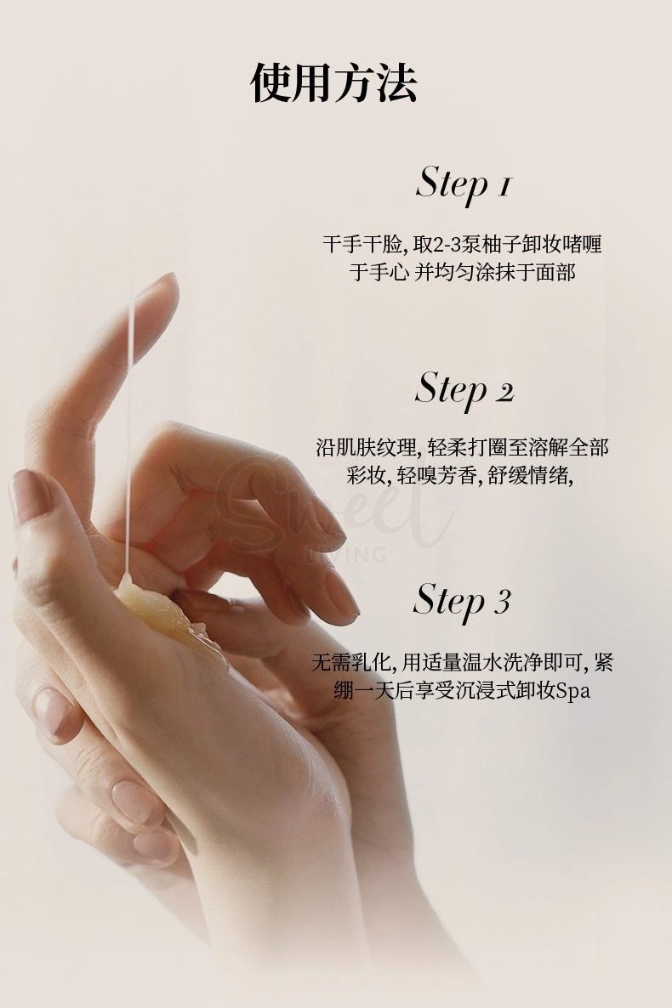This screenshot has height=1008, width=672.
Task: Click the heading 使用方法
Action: [334, 83]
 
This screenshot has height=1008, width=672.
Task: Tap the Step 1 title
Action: [464, 184]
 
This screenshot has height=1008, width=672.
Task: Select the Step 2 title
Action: [464, 389]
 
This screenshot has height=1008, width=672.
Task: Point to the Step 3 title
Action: [462, 600]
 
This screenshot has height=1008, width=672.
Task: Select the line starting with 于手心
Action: [463, 273]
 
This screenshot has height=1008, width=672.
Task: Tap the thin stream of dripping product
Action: [130, 425]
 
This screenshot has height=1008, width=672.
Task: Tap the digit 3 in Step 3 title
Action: [502, 602]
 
